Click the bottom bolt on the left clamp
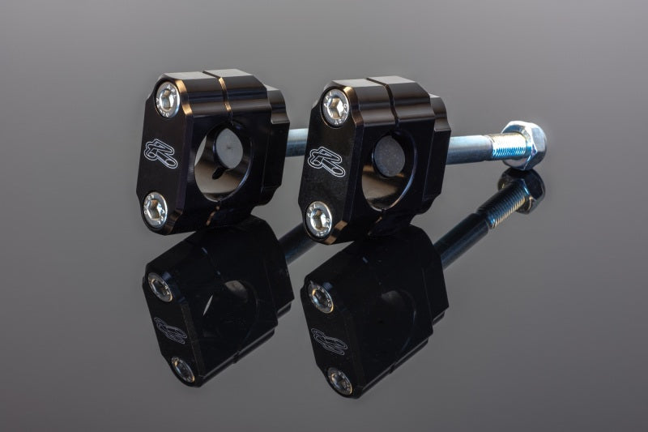pos(155,208)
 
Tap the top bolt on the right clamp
pos(335,107)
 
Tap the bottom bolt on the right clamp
pos(319,218)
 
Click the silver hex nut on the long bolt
pos(522,144)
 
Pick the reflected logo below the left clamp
pos(170,329)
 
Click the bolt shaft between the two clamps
pos(296,143)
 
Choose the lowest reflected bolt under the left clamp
pos(182,369)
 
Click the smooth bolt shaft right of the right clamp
pos(470,148)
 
